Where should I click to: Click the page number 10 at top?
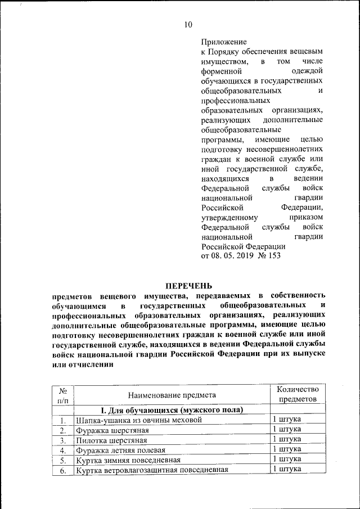(188, 24)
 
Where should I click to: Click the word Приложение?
(224, 42)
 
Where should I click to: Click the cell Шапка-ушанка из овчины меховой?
(138, 420)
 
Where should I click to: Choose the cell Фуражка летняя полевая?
(121, 450)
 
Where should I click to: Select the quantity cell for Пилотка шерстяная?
(287, 439)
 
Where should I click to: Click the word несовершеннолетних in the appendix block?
(285, 149)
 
